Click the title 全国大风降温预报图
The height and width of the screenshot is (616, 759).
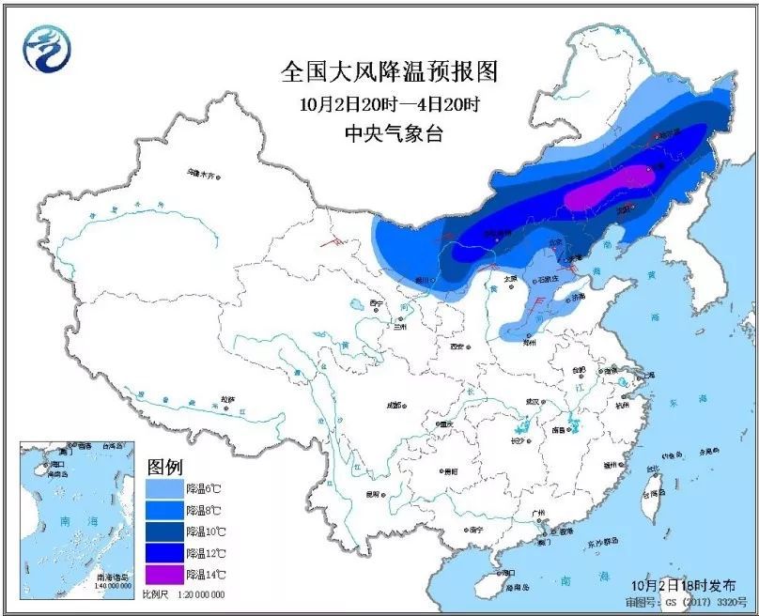pyautogui.click(x=389, y=70)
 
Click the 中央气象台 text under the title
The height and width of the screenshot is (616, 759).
pyautogui.click(x=389, y=133)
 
